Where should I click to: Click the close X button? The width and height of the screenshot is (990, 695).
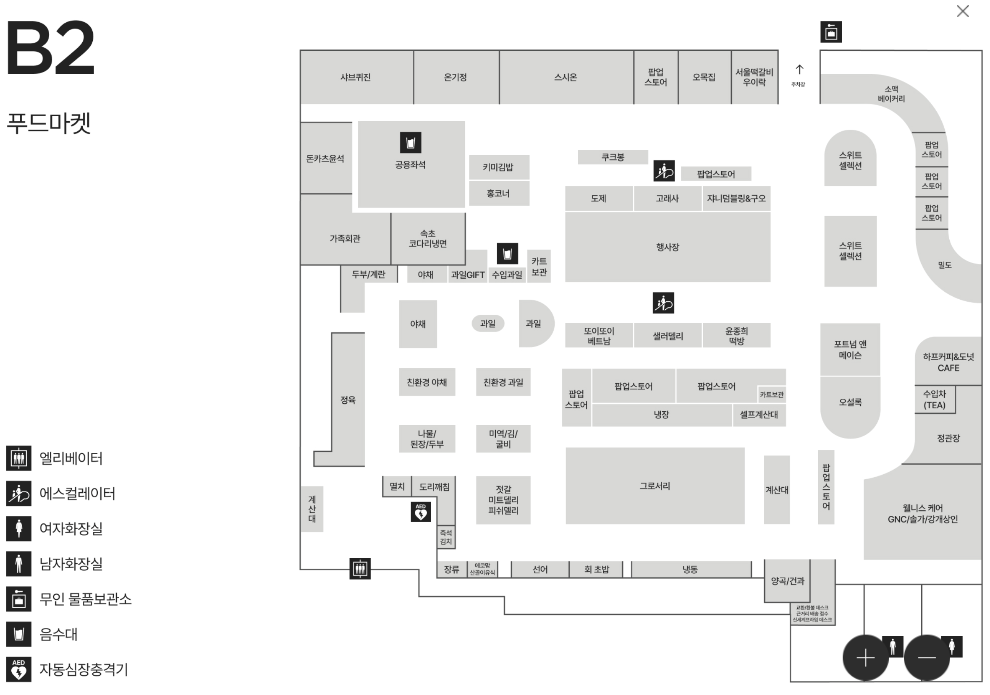962,11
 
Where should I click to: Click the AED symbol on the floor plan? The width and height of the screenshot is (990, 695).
420,512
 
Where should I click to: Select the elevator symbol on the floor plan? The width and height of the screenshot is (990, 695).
360,569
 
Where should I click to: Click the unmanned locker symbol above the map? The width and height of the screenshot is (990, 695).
831,32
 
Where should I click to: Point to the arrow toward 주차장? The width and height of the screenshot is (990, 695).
799,70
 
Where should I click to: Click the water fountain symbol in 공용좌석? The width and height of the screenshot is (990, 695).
411,142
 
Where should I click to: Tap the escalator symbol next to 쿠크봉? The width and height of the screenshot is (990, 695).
664,171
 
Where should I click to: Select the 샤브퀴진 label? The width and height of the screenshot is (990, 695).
356,77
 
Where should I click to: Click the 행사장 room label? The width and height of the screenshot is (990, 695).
668,247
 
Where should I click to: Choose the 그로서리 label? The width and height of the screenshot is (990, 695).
655,486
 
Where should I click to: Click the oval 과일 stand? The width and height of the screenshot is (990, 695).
488,323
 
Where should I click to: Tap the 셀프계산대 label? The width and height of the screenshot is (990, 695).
759,415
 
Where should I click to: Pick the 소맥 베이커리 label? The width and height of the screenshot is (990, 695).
891,94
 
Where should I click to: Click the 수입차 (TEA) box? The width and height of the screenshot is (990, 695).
935,400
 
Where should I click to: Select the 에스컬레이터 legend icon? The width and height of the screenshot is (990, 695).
18,493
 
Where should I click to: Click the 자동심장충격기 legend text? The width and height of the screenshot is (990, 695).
84,669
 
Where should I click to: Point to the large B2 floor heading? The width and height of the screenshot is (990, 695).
50,47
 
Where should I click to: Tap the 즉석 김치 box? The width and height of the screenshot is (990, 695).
446,537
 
